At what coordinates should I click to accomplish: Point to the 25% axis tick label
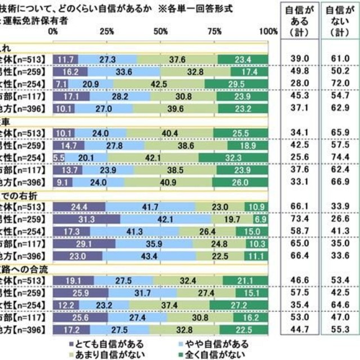pyautogui.click(x=107, y=30)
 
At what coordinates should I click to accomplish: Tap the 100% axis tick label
pyautogui.click(x=269, y=30)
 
